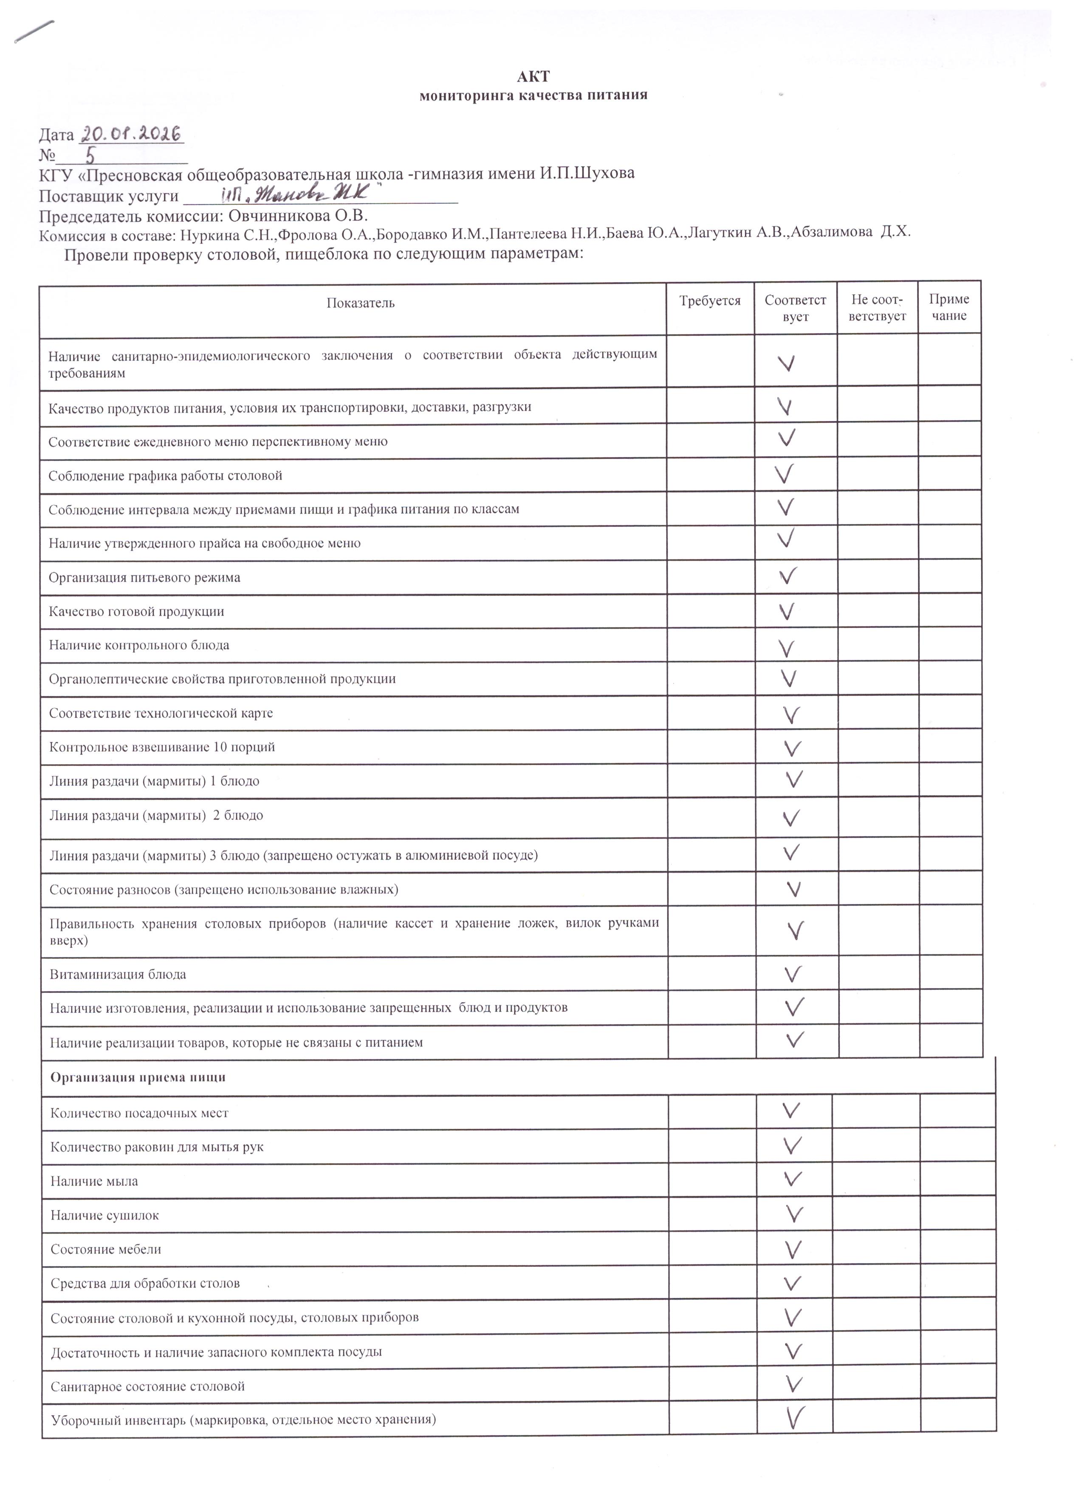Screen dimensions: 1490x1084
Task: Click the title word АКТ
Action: pos(533,77)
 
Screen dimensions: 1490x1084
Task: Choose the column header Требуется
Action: pos(710,301)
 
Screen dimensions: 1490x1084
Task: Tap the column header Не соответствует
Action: pos(877,307)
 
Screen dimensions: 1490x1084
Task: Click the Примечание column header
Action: pos(948,307)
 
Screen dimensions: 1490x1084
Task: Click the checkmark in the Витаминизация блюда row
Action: pos(793,974)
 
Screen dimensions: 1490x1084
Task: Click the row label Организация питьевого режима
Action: pos(144,577)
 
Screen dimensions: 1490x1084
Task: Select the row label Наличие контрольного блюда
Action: pos(139,645)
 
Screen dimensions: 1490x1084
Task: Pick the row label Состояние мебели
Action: pos(106,1249)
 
